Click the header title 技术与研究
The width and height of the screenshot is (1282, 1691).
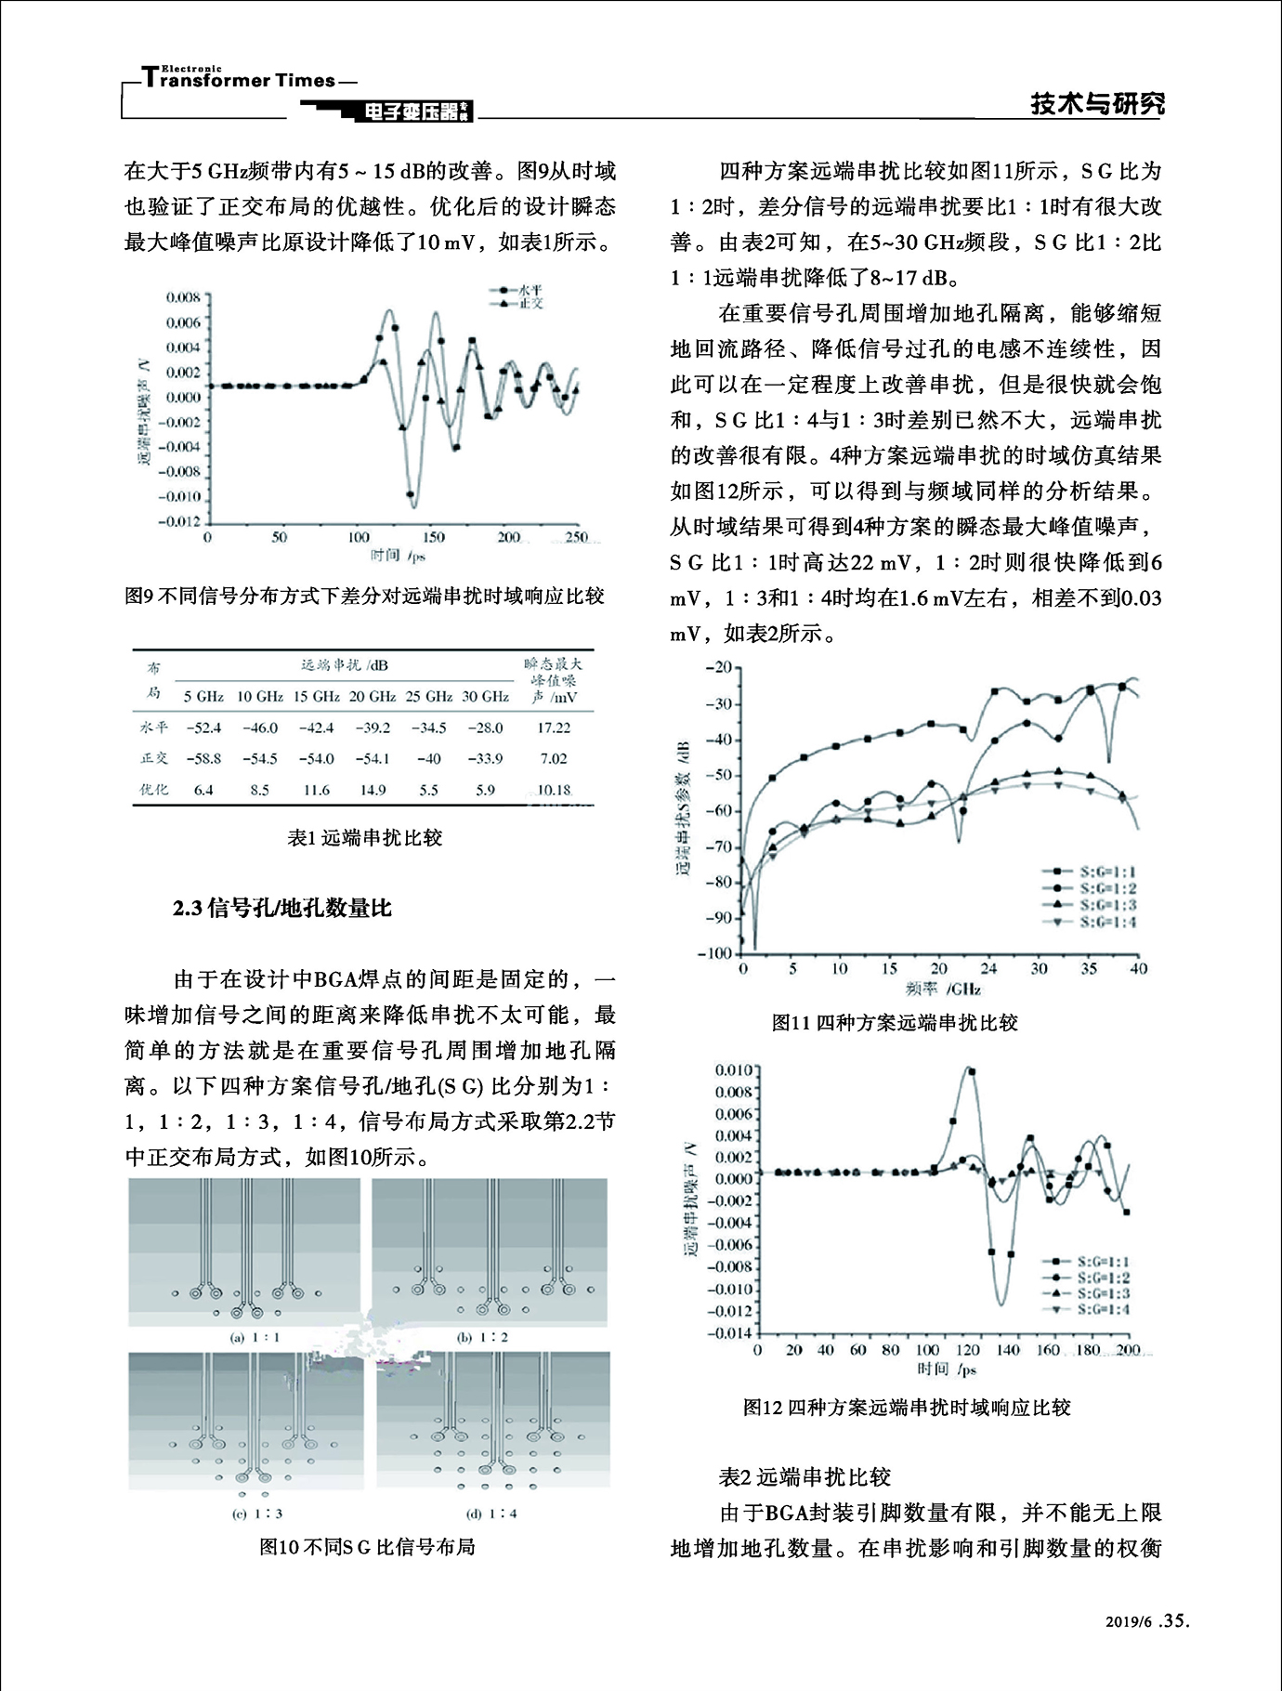coord(1097,104)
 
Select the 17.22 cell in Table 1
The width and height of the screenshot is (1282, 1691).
coord(553,728)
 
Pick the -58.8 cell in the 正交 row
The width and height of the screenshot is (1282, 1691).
coord(203,758)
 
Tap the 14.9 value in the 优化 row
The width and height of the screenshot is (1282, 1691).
coord(373,790)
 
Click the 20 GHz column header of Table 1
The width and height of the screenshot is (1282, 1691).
coord(373,696)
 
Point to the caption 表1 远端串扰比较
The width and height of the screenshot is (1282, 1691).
coord(365,837)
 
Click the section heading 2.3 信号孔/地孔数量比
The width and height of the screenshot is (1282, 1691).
coord(282,908)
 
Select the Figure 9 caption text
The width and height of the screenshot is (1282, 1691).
coord(364,596)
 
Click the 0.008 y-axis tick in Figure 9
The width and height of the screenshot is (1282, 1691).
coord(183,298)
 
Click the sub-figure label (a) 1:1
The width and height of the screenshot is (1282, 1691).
coord(255,1337)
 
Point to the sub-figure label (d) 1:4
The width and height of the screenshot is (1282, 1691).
coord(491,1514)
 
